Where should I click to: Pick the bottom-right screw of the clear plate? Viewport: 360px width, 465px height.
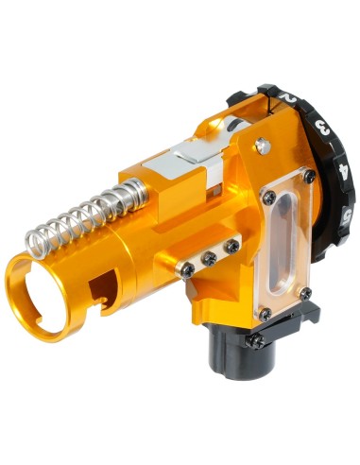(x=304, y=295)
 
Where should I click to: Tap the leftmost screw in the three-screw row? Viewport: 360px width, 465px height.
(x=188, y=269)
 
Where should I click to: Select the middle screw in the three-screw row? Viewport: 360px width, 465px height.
(x=209, y=257)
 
